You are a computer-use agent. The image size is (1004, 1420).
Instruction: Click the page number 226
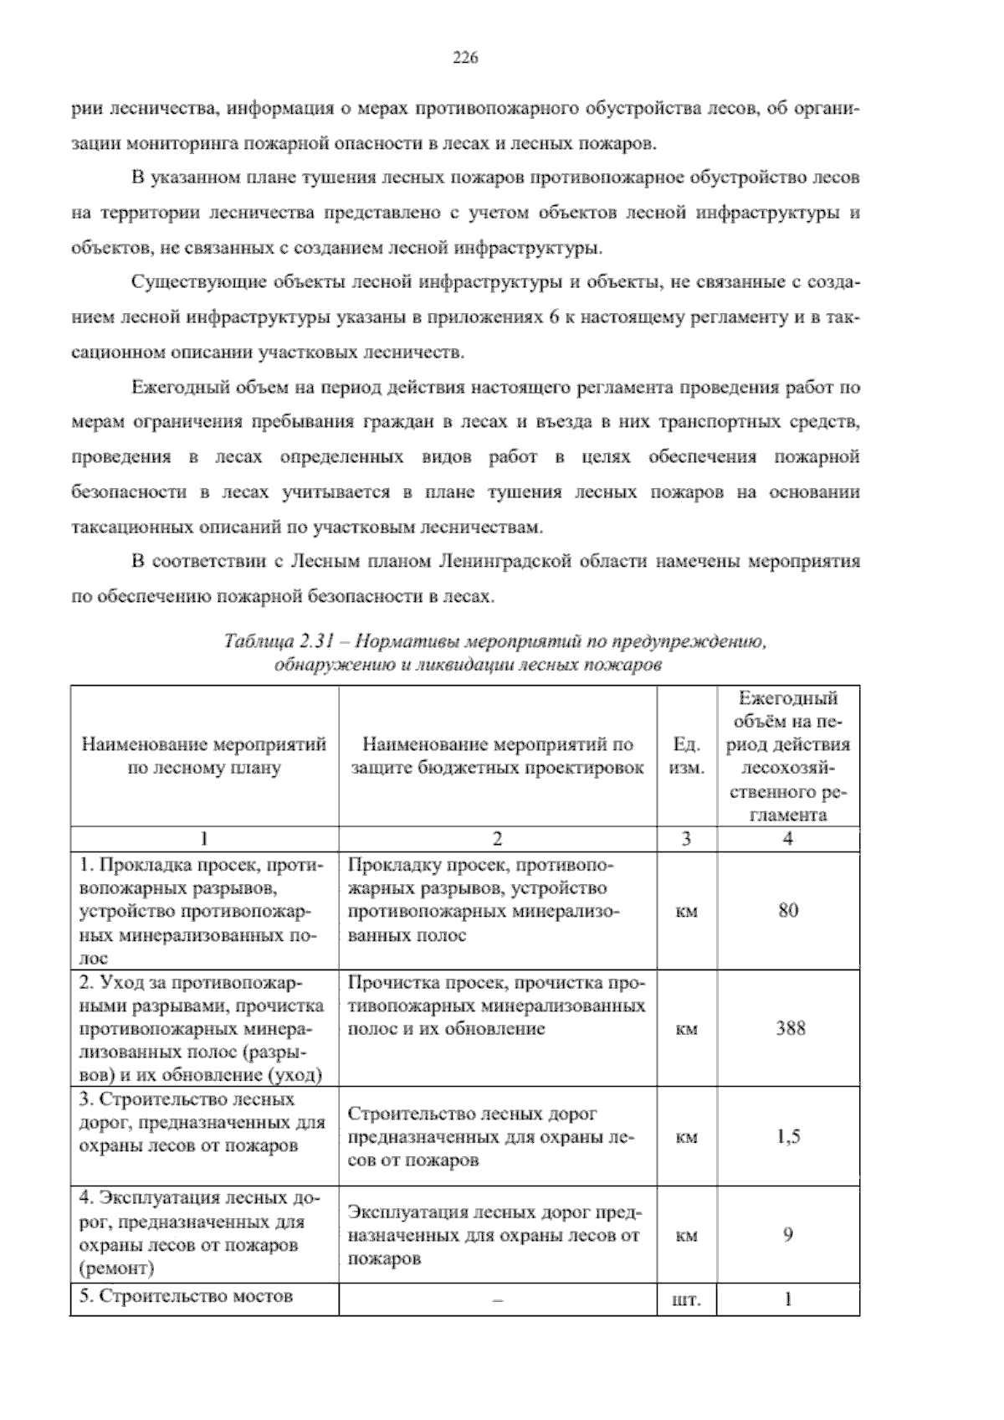[x=464, y=58]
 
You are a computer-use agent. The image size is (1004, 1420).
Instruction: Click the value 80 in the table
[x=787, y=911]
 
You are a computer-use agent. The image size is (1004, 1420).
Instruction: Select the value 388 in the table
[x=787, y=1028]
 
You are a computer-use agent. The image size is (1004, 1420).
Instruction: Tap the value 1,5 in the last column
[x=787, y=1136]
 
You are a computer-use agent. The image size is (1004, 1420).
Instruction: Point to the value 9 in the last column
[x=787, y=1234]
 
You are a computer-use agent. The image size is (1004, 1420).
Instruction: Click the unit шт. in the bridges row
[x=686, y=1301]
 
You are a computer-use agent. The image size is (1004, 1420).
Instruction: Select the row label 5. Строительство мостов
[x=186, y=1296]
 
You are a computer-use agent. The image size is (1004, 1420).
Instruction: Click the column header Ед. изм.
[x=686, y=756]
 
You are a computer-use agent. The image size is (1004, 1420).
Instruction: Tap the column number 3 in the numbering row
[x=686, y=839]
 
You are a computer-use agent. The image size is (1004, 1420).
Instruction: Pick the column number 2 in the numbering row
[x=497, y=839]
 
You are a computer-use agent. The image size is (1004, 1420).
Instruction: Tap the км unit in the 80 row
[x=686, y=912]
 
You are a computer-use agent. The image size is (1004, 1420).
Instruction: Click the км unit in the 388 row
[x=686, y=1029]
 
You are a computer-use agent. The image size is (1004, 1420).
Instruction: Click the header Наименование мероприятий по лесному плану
[x=204, y=756]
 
